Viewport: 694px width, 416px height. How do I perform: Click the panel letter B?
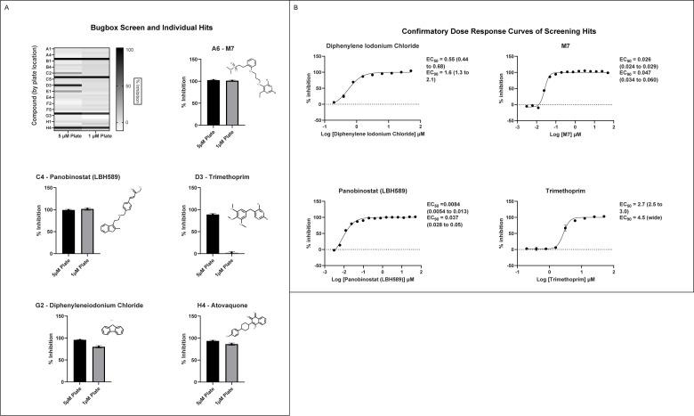295,7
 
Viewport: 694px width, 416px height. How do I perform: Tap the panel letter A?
6,7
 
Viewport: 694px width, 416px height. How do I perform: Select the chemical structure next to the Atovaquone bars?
262,340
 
